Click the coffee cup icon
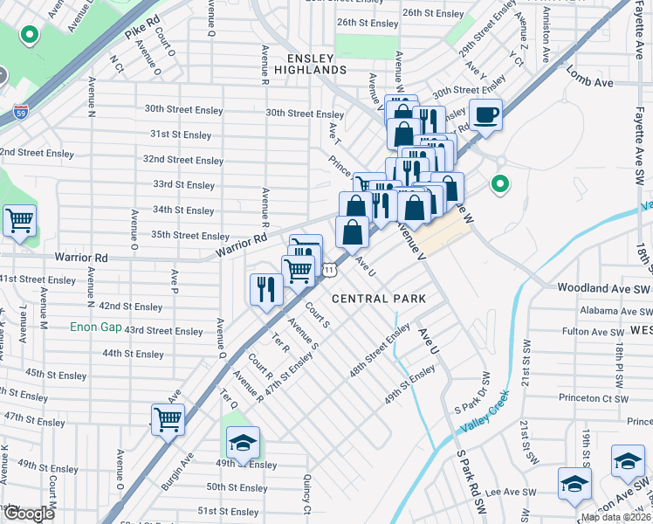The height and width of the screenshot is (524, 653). tap(486, 114)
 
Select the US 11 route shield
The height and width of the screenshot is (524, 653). tap(328, 270)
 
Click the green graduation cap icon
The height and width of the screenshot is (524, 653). tap(245, 440)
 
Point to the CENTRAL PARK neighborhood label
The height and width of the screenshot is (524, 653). tap(379, 299)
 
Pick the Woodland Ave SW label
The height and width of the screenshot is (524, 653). tap(601, 287)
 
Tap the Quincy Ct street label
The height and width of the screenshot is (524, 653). tap(306, 493)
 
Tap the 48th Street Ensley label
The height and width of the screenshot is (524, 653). tap(380, 350)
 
